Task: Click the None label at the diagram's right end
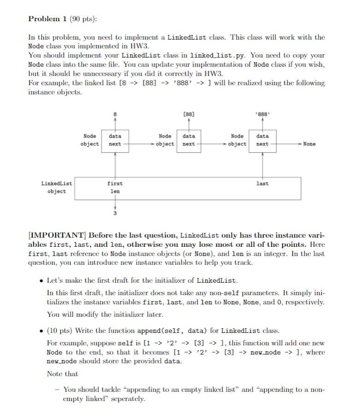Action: pos(309,144)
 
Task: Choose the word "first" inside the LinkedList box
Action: pos(115,183)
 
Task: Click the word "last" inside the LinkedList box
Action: pos(262,183)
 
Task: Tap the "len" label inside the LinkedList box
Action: pos(115,191)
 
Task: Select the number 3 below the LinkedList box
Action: pos(115,213)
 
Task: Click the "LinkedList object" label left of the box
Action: pos(57,187)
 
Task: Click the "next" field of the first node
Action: pos(115,144)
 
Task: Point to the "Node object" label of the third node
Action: pos(237,140)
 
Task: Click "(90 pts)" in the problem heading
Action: pos(84,19)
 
